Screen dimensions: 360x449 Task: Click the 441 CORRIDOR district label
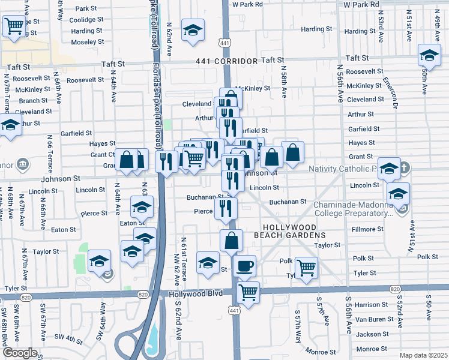(x=223, y=61)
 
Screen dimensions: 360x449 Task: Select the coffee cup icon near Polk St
(x=244, y=266)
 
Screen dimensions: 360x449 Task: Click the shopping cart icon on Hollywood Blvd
(x=248, y=293)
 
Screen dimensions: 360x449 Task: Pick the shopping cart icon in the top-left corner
(x=13, y=26)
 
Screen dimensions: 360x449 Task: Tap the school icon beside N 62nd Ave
(x=193, y=30)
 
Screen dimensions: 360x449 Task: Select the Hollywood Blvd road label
(x=196, y=293)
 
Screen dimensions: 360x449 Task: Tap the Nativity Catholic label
(x=342, y=169)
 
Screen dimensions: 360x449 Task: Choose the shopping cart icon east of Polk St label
(x=307, y=267)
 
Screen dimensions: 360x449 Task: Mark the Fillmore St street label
(x=367, y=229)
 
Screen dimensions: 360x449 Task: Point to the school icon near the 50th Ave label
(x=429, y=56)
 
